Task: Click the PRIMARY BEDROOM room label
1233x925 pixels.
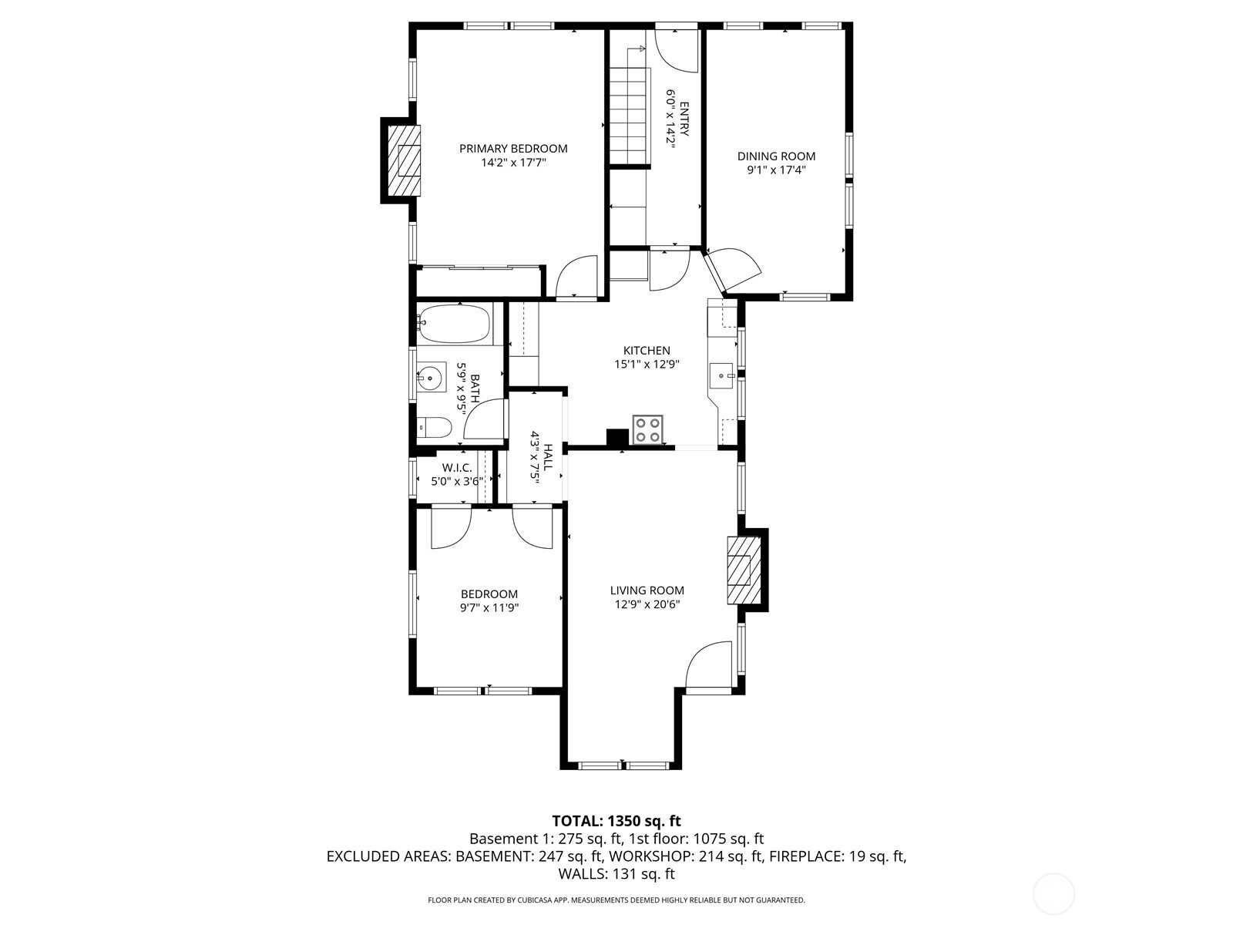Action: click(513, 149)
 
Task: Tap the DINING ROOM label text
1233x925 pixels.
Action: click(776, 156)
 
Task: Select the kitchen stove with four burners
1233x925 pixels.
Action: click(647, 429)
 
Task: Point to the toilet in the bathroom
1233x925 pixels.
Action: click(434, 427)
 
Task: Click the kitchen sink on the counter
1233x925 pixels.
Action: click(722, 375)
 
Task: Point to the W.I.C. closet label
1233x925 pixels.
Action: click(456, 468)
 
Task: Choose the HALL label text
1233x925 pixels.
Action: click(548, 457)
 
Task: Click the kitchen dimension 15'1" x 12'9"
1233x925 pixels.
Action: click(647, 364)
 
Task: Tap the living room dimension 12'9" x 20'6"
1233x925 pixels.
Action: click(647, 604)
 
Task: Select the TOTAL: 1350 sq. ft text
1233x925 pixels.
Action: click(616, 821)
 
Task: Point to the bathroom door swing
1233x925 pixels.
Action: click(485, 419)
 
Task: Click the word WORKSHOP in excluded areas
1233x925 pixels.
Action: click(649, 856)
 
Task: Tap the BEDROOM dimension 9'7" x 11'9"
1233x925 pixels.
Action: click(489, 607)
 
